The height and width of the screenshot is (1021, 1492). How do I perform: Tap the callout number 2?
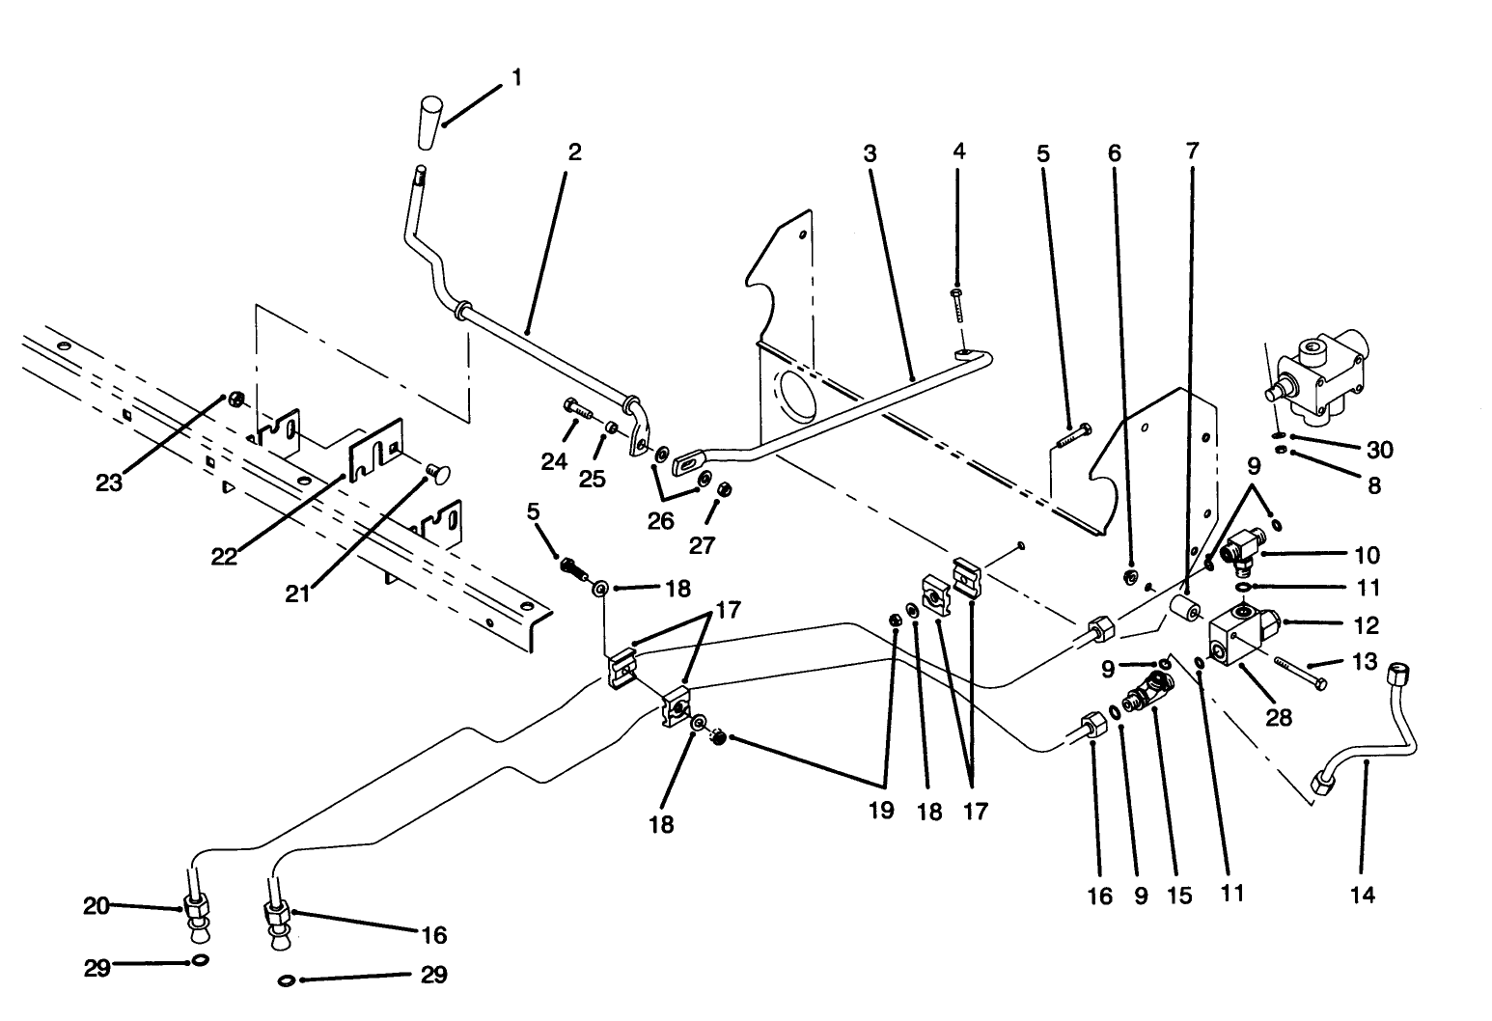(575, 152)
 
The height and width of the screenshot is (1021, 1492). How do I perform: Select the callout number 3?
(870, 152)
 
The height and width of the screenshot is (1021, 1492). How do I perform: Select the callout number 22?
(224, 558)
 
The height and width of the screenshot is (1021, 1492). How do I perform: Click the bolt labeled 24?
(577, 409)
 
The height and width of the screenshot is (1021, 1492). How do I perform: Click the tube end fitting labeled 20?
(197, 909)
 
